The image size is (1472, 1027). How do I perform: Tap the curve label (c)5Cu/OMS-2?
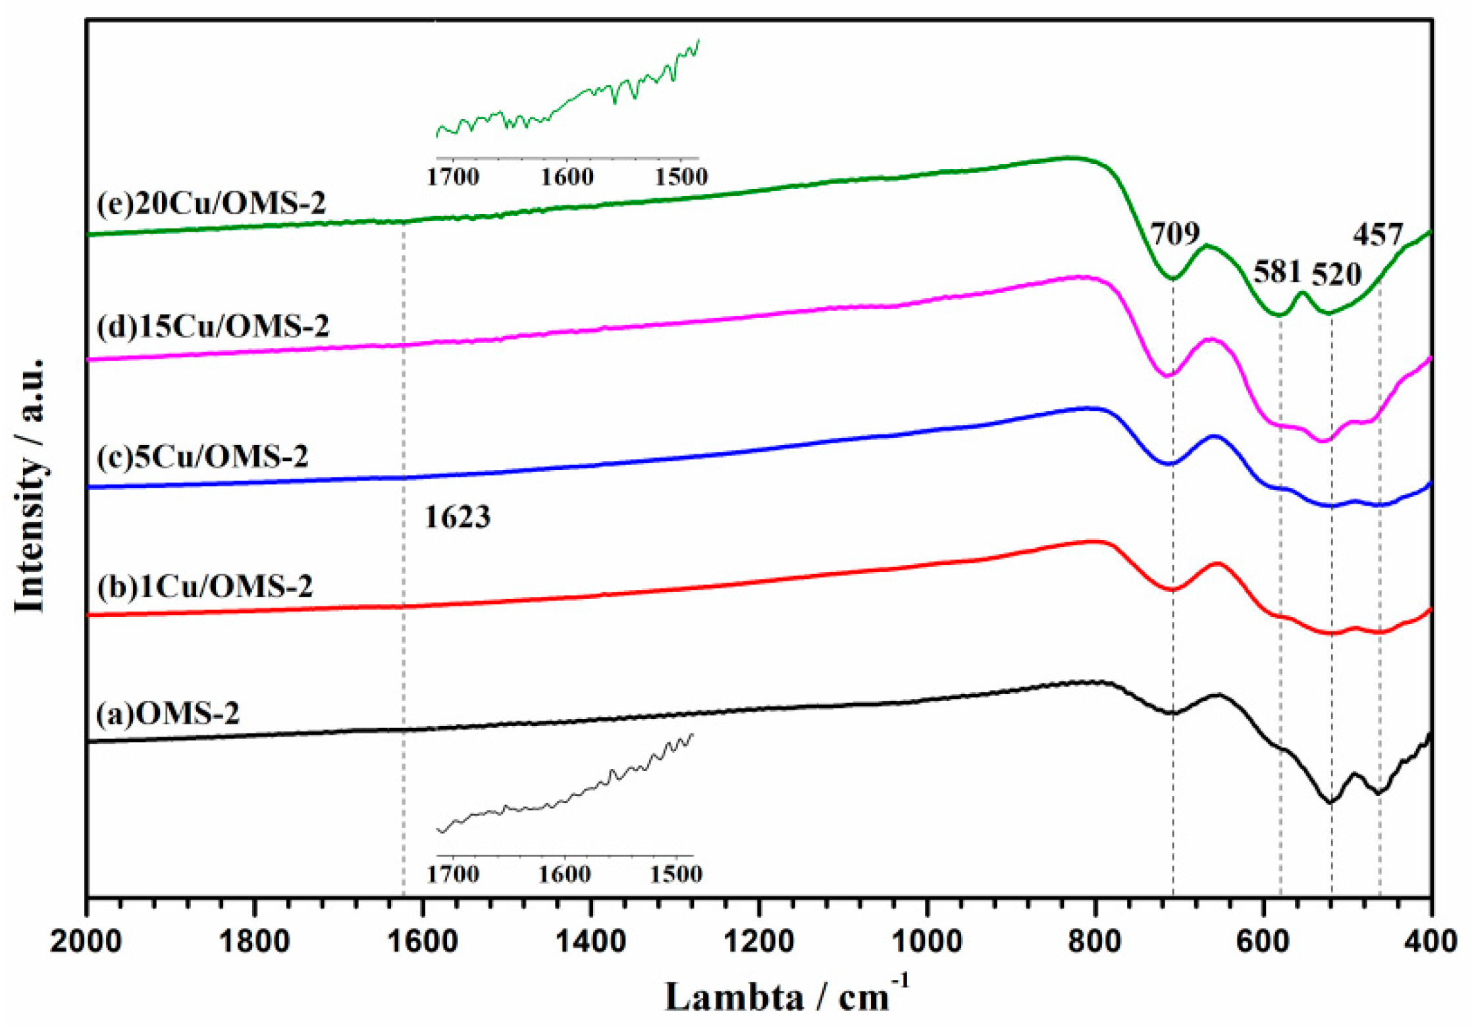[202, 456]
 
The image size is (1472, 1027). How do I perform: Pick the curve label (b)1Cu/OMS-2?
[205, 586]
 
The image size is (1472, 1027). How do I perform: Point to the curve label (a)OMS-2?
[167, 713]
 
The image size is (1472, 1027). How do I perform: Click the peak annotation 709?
[1175, 233]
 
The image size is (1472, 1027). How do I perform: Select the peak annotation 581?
[1277, 271]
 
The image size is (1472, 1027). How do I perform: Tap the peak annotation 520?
[1336, 274]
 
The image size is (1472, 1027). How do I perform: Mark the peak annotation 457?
[1378, 235]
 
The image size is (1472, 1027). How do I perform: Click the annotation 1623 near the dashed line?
[458, 517]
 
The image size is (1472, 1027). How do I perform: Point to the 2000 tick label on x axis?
[86, 941]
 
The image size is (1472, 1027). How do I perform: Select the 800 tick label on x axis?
[1095, 941]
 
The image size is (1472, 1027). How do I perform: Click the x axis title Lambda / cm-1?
[787, 996]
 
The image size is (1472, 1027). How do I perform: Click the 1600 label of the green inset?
[567, 177]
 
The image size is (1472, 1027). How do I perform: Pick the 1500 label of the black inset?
[676, 874]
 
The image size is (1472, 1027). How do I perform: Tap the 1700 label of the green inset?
[453, 177]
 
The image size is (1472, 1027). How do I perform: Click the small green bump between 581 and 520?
[1301, 293]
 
